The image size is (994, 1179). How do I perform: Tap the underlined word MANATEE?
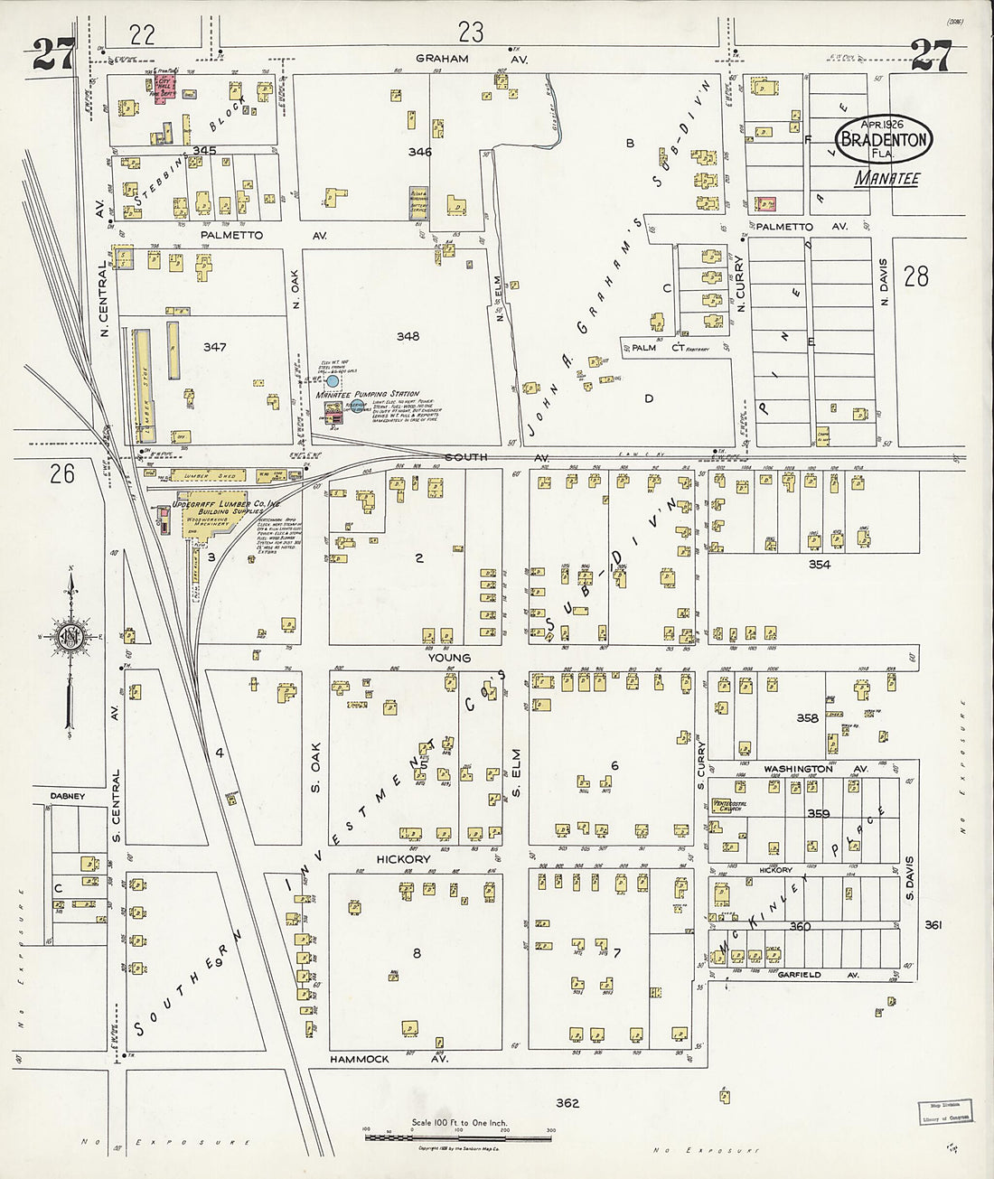[886, 179]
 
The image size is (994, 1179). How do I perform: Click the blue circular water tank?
[333, 382]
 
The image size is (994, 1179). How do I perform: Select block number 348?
[408, 336]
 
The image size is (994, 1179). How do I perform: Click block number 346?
[418, 152]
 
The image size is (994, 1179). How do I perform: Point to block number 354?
[820, 565]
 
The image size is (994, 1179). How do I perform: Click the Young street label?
[449, 658]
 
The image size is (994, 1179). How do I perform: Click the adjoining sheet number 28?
[915, 276]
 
